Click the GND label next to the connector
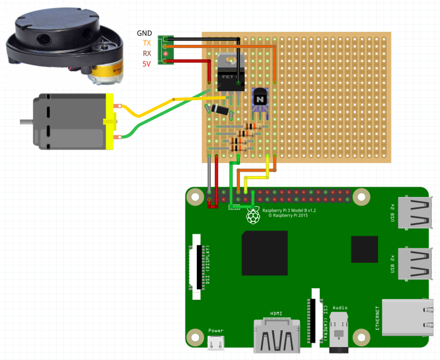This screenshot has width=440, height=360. click(144, 33)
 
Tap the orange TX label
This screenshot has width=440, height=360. click(147, 43)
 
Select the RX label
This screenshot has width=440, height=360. click(147, 53)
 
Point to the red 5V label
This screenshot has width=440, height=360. click(146, 64)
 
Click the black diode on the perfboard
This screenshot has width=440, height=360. click(219, 109)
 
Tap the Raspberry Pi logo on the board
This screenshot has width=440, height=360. click(253, 216)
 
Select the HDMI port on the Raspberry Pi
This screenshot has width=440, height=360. click(277, 336)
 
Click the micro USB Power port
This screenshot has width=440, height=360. click(216, 343)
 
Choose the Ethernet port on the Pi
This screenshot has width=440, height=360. click(407, 317)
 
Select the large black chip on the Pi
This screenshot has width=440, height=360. click(264, 253)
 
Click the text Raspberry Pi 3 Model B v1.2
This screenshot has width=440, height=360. click(289, 210)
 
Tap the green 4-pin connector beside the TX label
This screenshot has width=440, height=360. click(166, 50)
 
